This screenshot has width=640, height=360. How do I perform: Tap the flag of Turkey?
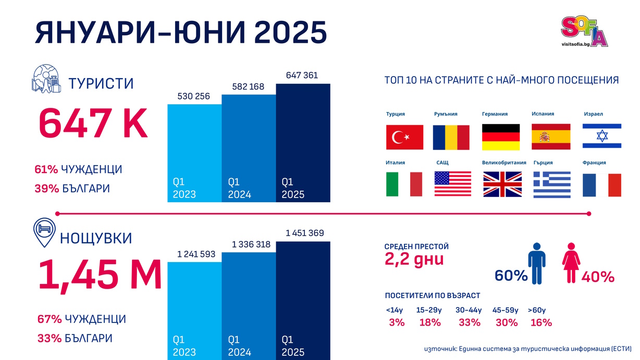404,137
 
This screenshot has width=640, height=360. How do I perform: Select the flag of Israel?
601,136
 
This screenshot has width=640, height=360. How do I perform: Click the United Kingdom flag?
502,184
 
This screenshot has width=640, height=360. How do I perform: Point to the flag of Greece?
552,184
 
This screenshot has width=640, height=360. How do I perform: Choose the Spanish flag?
551,137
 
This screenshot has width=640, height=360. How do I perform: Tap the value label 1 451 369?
305,233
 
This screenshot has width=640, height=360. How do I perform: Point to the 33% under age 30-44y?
470,322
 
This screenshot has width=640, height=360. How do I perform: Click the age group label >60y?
537,311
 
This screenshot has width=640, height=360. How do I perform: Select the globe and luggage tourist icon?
47,79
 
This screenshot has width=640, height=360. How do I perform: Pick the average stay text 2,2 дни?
414,259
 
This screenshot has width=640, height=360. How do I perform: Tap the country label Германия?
495,114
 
